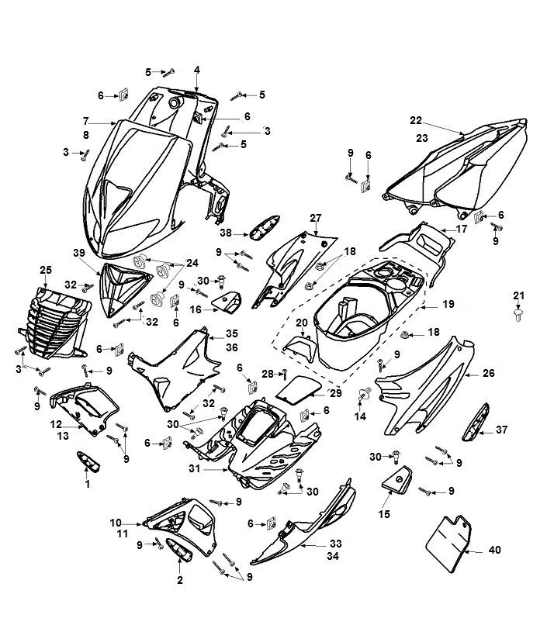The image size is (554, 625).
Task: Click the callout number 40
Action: tap(495, 551)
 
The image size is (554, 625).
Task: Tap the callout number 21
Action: tap(519, 295)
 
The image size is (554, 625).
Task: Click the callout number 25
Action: tap(45, 269)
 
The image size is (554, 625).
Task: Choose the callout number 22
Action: tap(416, 120)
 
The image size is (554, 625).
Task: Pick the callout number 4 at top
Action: tap(197, 70)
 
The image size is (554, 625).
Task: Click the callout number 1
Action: tap(87, 484)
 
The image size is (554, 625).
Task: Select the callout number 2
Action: tap(181, 580)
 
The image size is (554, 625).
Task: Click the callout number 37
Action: tap(501, 429)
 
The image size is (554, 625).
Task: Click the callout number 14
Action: tap(359, 417)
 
